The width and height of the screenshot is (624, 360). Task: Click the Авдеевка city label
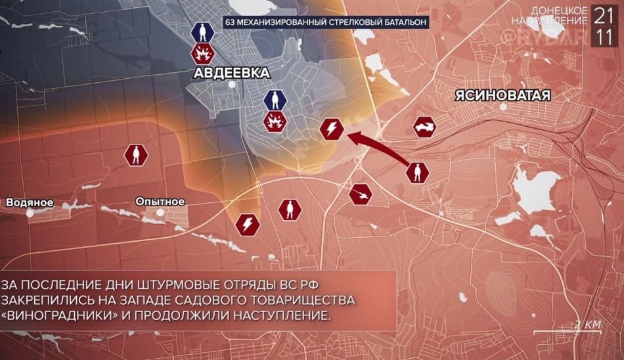tap(231, 73)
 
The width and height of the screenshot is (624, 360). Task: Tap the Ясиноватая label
tap(502, 95)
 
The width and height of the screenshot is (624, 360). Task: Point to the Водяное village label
tap(30, 202)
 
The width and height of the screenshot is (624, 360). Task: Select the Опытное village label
tap(160, 202)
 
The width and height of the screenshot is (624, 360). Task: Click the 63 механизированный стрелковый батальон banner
tap(326, 22)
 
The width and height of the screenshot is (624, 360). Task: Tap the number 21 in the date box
tap(602, 14)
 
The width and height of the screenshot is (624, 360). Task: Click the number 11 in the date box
tap(602, 37)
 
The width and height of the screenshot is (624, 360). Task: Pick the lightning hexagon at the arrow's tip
tap(331, 129)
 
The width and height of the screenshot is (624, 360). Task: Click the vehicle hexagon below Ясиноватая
tap(424, 127)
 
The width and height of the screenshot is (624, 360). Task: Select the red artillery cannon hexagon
tap(361, 193)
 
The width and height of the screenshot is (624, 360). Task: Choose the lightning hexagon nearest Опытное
tap(248, 225)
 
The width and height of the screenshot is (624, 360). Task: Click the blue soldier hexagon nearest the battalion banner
tap(202, 32)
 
